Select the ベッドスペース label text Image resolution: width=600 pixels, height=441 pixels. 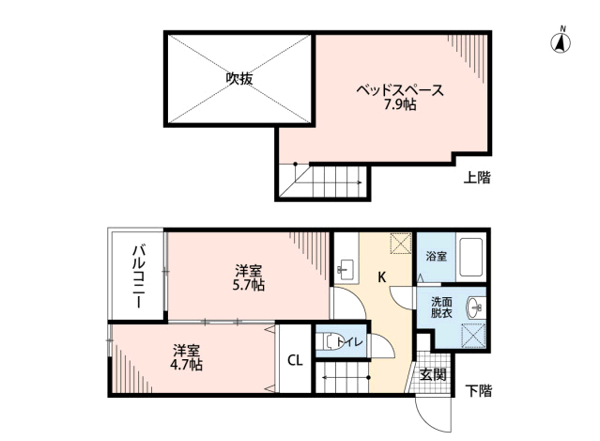(x=399, y=91)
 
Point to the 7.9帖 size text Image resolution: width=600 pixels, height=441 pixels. (x=400, y=105)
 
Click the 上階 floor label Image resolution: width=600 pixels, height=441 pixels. (x=477, y=177)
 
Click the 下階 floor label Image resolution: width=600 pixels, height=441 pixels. (x=478, y=389)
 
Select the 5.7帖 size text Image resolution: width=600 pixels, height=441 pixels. (x=249, y=284)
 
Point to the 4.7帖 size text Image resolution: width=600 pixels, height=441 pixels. (x=187, y=364)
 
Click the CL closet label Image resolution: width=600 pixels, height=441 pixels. (x=294, y=360)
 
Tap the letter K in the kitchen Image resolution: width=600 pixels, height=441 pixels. (x=382, y=277)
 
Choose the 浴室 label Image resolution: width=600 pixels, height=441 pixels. (x=436, y=256)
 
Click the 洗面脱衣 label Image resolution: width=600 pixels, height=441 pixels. (x=440, y=307)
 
